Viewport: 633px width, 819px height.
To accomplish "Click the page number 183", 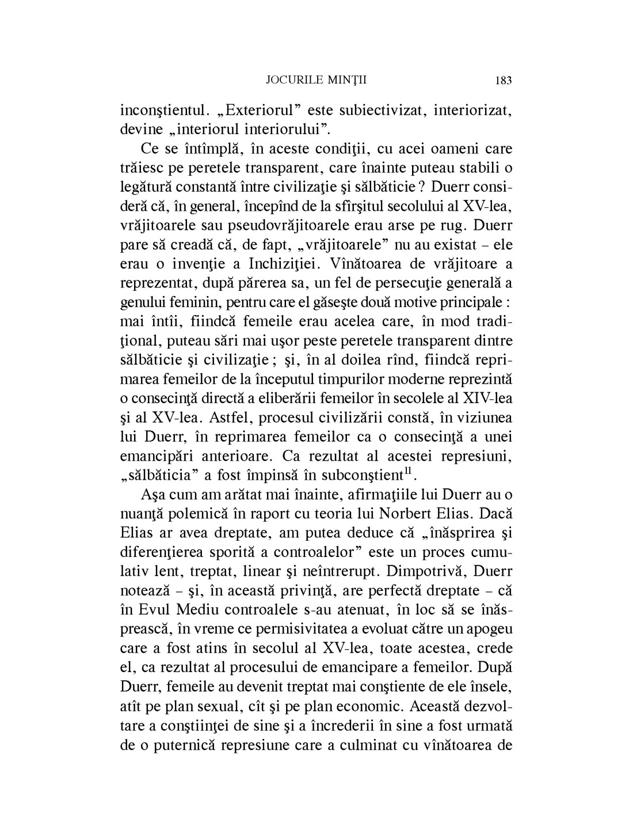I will coord(502,80).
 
